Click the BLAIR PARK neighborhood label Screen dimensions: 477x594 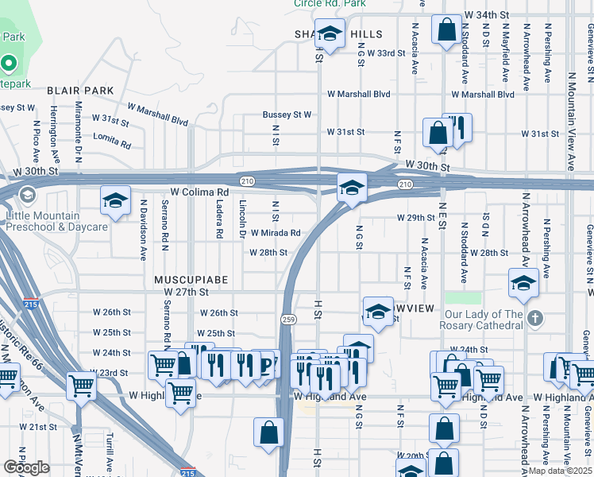80,91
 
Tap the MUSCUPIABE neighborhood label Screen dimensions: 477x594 191,281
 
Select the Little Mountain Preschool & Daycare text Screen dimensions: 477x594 56,221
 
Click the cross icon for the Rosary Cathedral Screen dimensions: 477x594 535,318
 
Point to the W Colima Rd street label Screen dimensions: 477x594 199,192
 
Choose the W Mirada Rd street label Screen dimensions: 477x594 276,233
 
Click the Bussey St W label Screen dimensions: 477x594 287,114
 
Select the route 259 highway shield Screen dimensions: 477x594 287,319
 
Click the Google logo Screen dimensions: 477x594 26,467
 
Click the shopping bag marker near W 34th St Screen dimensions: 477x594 447,29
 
